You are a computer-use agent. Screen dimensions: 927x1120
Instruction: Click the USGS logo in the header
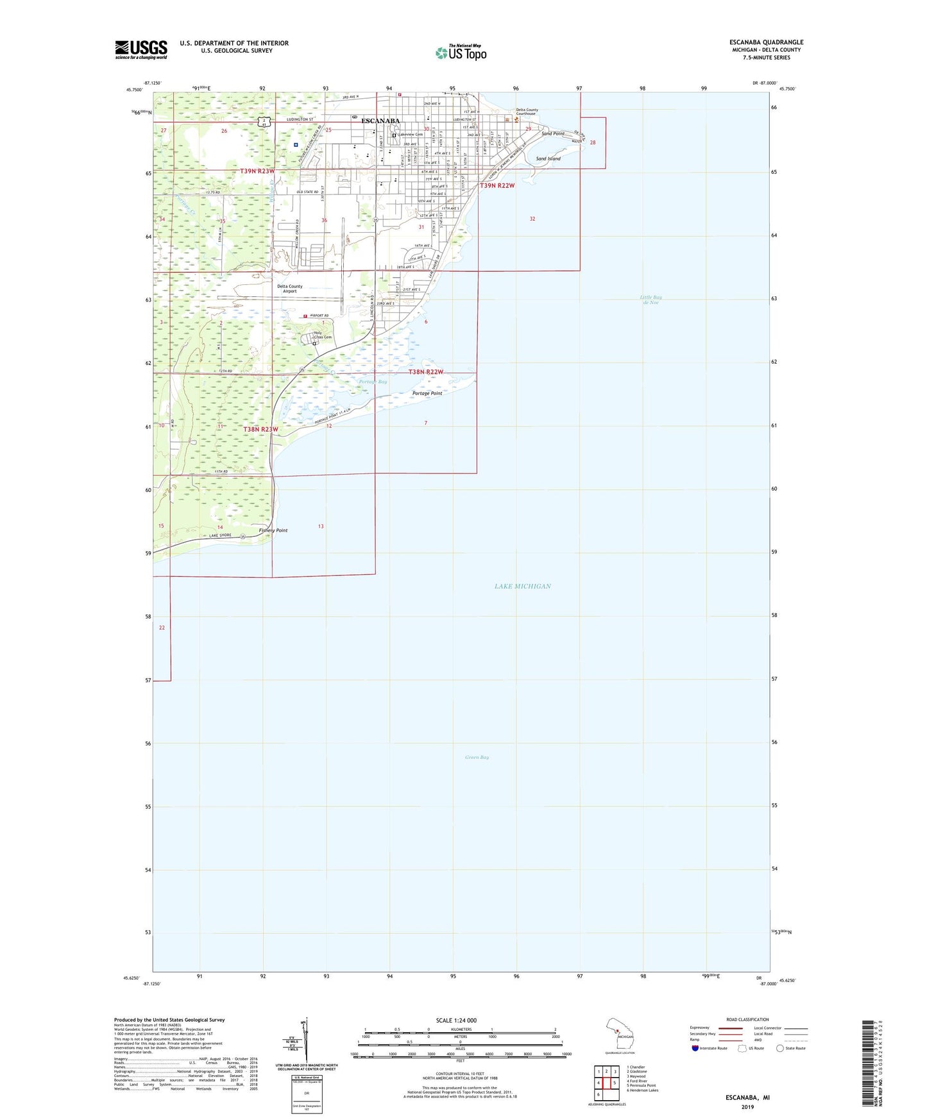point(141,49)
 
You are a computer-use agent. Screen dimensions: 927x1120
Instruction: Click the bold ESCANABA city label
point(380,121)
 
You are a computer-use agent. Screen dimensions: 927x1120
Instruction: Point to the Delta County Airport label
point(290,289)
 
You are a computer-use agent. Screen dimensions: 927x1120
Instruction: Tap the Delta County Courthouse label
point(527,112)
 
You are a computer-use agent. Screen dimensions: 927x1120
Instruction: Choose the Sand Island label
point(548,158)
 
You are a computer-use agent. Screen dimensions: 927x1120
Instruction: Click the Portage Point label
point(427,393)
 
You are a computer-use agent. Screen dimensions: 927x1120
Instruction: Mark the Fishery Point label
point(273,530)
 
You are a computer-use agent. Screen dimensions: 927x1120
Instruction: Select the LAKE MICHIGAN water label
point(522,586)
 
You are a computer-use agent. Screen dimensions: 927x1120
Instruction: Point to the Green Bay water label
point(477,758)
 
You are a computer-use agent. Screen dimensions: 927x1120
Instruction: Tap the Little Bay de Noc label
point(651,300)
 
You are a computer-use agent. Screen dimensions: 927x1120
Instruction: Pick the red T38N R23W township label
point(260,429)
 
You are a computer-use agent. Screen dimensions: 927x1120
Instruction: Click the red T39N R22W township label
point(497,185)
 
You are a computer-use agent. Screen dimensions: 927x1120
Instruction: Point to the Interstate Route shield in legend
point(695,1048)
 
